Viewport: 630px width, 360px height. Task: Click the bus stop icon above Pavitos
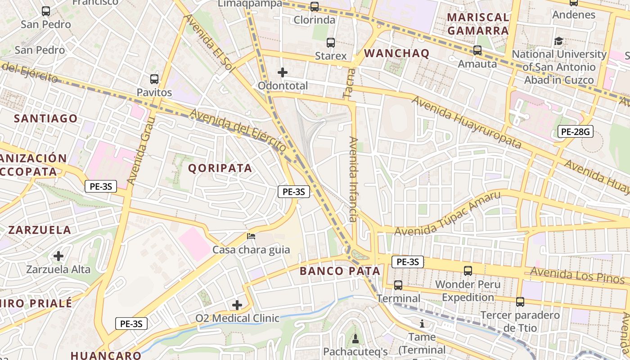pos(154,79)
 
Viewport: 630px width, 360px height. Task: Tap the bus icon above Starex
pos(331,43)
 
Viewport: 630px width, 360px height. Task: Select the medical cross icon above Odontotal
pos(283,72)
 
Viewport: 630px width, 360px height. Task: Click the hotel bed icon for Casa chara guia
pos(251,236)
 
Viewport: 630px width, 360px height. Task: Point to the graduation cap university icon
pos(558,41)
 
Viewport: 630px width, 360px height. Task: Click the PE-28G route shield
pos(575,131)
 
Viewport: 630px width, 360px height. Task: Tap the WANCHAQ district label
pos(396,53)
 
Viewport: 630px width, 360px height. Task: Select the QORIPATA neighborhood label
pos(220,168)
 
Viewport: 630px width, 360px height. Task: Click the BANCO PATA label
pos(340,271)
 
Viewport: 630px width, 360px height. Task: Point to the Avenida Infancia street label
pos(353,180)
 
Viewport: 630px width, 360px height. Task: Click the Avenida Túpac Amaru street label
pos(447,214)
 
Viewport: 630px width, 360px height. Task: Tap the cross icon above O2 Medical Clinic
pos(237,305)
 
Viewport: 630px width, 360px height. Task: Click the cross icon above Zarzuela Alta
pos(58,256)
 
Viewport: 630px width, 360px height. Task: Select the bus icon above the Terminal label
pos(398,285)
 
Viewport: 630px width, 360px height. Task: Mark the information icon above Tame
pos(422,324)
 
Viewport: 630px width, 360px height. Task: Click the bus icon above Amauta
pos(477,50)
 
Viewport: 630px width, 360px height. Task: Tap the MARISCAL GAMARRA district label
pos(478,24)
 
